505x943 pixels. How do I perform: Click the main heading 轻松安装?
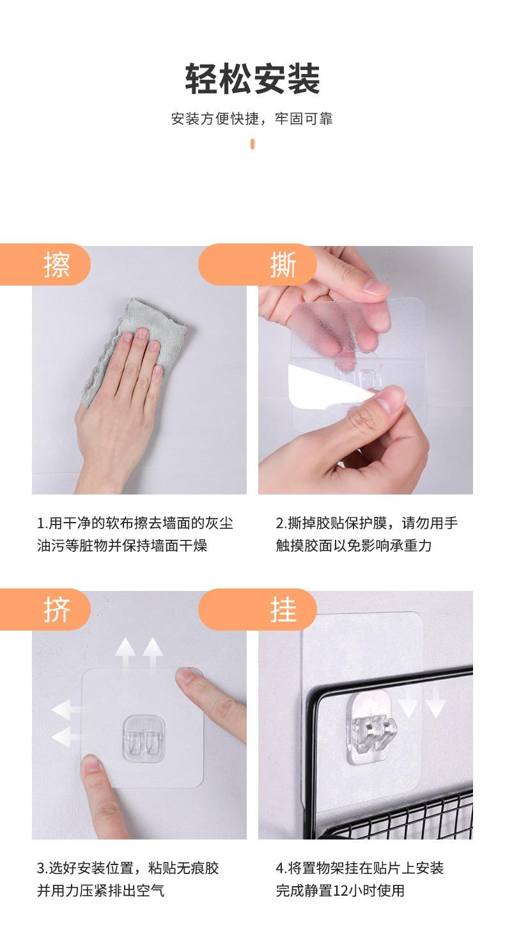pos(252,79)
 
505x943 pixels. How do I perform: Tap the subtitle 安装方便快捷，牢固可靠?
pos(252,119)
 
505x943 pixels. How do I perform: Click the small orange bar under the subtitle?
pos(252,144)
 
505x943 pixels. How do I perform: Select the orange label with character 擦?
pos(45,264)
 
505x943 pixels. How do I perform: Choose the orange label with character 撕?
pos(258,264)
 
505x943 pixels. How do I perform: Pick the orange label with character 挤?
pos(45,609)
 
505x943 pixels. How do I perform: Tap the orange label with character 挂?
pos(258,609)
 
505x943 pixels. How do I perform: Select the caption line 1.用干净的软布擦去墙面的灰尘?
pos(136,523)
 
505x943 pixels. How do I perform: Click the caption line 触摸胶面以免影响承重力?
pos(353,546)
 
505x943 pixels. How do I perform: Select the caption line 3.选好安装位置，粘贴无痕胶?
pos(128,868)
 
